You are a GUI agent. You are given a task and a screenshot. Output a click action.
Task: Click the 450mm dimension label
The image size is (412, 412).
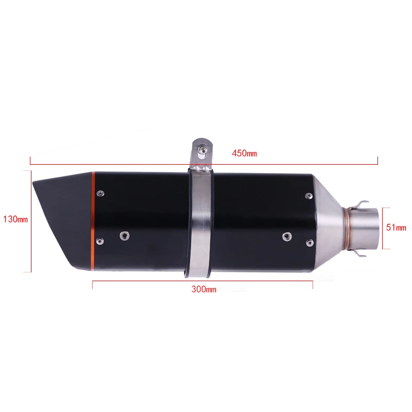point(244,153)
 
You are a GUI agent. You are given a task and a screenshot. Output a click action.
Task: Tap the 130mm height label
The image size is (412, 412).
point(15,219)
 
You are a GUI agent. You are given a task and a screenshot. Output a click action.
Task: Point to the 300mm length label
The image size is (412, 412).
point(204,289)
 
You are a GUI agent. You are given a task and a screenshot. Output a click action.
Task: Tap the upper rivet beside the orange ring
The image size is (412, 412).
point(100,193)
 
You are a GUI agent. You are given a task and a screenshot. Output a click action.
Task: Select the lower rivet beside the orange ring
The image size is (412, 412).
point(100,241)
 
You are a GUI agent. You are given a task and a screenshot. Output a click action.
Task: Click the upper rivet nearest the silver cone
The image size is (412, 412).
point(308,196)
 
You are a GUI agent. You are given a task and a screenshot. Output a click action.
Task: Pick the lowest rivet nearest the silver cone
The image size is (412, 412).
point(308,242)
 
